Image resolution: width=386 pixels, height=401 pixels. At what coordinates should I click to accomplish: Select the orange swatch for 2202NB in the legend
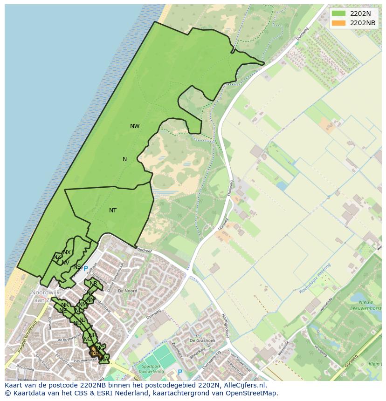coord(339,23)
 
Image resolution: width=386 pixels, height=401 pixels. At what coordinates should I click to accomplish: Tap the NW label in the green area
coord(135,126)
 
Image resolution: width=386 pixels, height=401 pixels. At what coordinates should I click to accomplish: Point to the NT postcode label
coord(113,211)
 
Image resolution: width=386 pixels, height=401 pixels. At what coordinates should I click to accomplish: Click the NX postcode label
coord(67,252)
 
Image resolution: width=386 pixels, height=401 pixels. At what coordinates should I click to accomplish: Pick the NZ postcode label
coord(57,257)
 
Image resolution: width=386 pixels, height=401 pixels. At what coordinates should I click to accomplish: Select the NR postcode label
coord(93,284)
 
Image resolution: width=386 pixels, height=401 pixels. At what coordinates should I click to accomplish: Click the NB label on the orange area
coord(95,352)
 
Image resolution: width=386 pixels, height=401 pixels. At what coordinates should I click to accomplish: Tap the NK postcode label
coord(65,305)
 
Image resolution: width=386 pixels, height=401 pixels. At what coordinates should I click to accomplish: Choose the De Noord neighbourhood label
coord(127,291)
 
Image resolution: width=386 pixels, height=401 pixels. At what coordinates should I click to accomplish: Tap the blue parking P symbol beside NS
coord(85,269)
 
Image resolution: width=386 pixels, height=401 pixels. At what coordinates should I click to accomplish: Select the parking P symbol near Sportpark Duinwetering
coord(180,372)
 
